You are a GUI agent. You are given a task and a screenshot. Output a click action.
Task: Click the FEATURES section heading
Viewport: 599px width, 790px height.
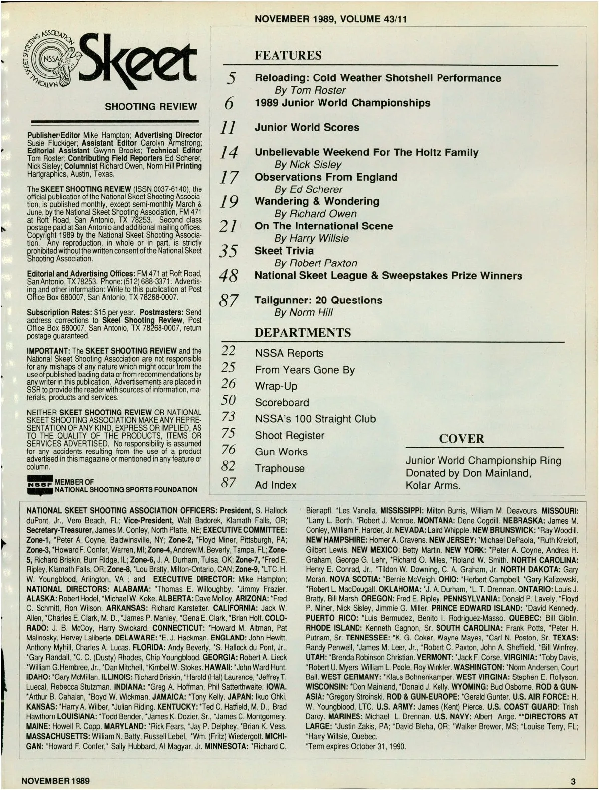click(288, 55)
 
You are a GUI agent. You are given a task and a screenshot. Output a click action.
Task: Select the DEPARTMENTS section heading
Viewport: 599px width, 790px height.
click(302, 332)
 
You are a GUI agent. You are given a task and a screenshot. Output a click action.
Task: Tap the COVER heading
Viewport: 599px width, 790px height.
click(461, 439)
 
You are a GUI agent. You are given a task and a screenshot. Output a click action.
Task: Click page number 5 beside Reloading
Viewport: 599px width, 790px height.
click(231, 78)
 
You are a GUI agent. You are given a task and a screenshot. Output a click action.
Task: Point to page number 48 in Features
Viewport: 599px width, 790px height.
click(229, 275)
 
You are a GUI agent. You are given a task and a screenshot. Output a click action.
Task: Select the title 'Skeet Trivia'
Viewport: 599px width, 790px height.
click(284, 251)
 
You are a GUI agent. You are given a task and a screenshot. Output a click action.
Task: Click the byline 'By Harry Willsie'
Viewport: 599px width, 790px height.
click(311, 238)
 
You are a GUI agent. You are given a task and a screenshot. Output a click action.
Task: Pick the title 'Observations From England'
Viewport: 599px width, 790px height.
click(326, 177)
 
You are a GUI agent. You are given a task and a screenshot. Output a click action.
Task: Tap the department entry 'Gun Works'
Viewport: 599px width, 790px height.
click(281, 452)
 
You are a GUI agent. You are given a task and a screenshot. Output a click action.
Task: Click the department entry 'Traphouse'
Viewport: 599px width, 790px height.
click(280, 468)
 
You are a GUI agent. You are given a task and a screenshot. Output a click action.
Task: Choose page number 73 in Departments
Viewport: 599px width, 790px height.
click(228, 417)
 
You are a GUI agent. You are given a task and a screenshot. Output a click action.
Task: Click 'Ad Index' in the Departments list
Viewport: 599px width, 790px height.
click(275, 485)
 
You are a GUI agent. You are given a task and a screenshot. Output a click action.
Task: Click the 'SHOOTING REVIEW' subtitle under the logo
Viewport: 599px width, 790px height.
click(151, 106)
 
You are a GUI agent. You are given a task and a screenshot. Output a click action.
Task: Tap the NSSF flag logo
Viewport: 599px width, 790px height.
click(40, 486)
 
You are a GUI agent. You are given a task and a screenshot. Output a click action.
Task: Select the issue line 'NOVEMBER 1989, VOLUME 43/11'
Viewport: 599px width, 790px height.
click(330, 19)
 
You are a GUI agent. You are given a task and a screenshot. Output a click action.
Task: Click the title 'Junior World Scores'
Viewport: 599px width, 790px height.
click(306, 127)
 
